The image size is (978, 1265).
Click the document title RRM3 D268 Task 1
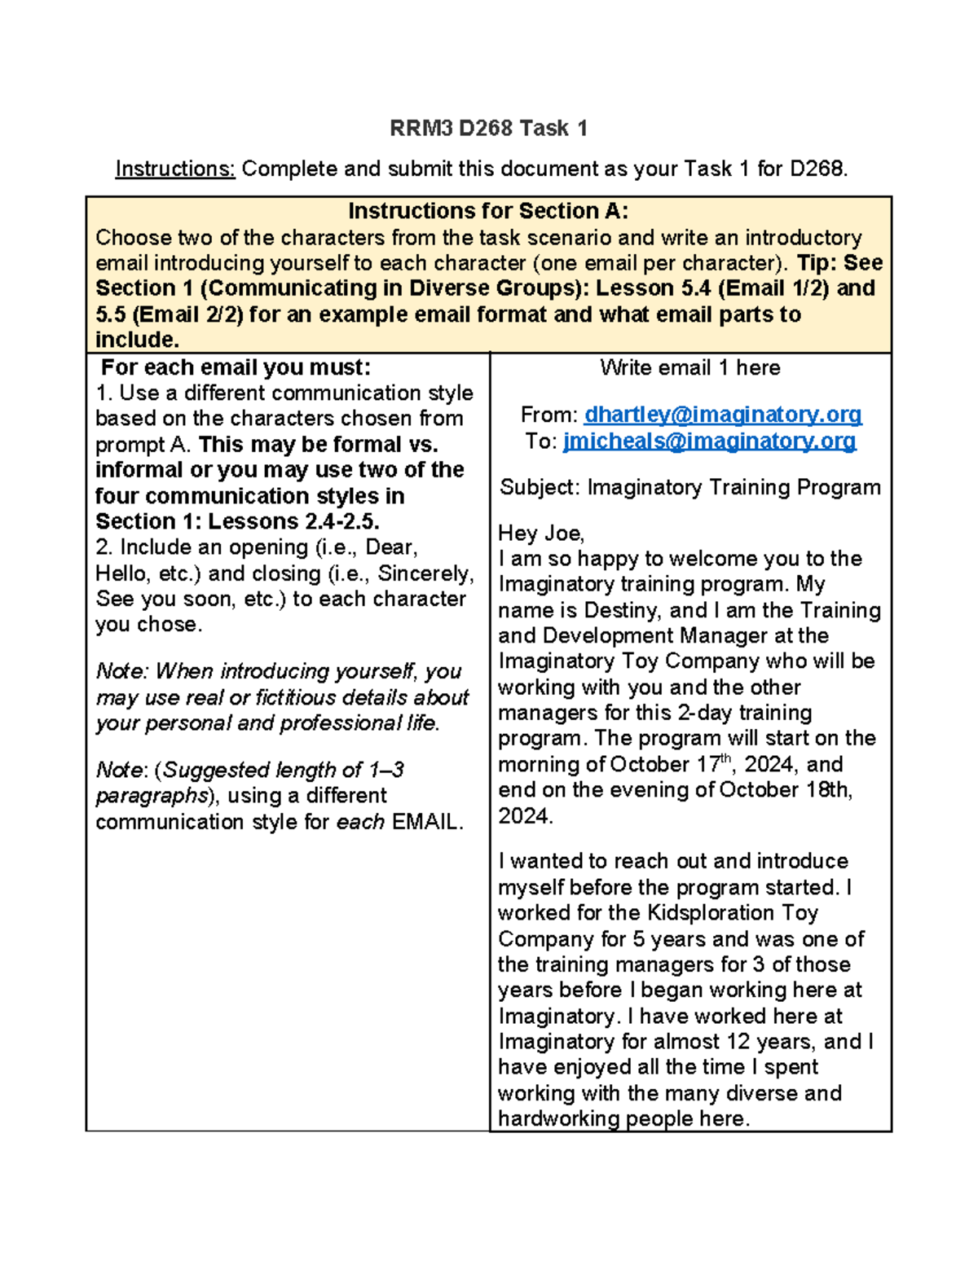click(x=488, y=128)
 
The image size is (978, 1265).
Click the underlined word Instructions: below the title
click(x=175, y=169)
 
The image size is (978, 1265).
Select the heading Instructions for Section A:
click(x=488, y=211)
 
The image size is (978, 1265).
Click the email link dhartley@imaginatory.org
click(x=723, y=415)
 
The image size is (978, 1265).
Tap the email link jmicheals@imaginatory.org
click(x=709, y=441)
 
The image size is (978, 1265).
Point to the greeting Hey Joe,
click(x=541, y=533)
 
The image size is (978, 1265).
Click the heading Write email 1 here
click(x=689, y=367)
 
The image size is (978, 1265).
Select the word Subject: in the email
click(x=540, y=487)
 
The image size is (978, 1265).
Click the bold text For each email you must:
click(x=236, y=367)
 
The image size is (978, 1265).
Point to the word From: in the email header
click(x=549, y=415)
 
